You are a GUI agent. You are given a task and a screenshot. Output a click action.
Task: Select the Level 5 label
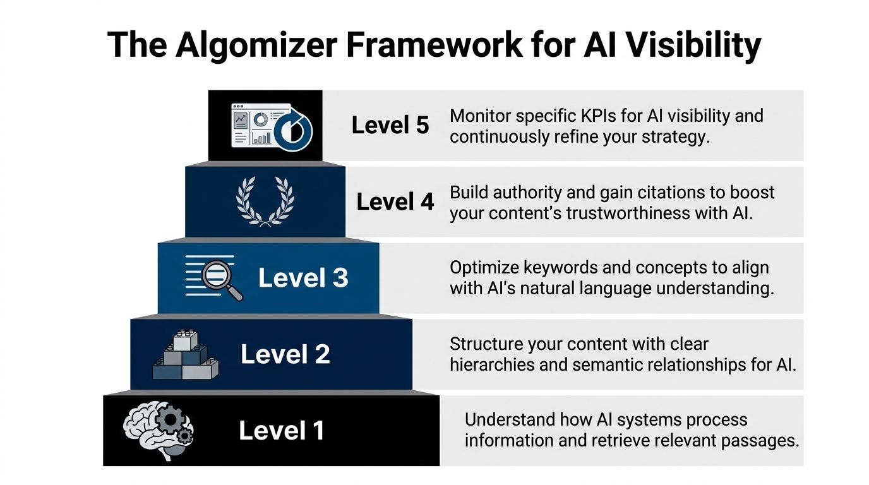(x=390, y=125)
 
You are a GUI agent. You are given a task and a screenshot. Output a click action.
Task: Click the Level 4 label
(x=395, y=202)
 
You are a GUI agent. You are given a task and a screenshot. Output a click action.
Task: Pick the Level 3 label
(x=303, y=278)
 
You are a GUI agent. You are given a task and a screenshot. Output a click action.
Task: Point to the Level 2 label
(x=285, y=354)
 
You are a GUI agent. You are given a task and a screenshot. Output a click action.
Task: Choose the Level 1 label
(x=282, y=431)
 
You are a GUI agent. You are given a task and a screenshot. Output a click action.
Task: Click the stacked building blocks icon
(x=185, y=355)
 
